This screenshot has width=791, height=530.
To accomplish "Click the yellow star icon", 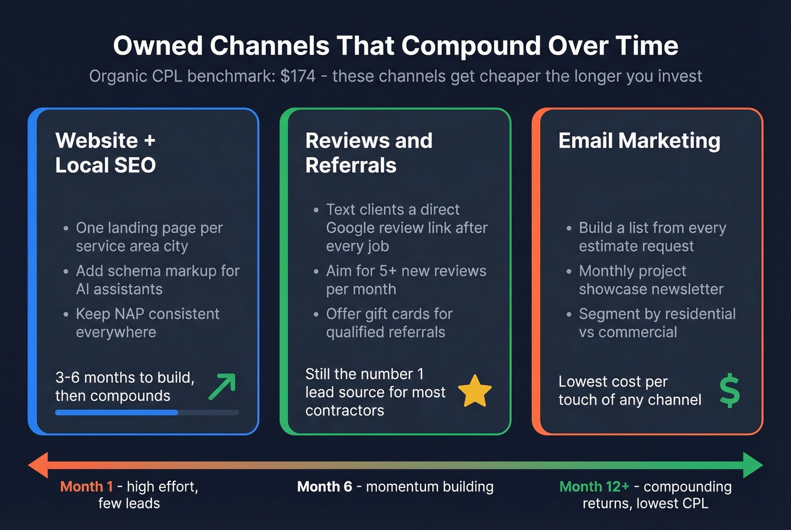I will coord(475,391).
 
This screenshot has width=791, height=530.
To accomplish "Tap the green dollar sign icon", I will coord(729,391).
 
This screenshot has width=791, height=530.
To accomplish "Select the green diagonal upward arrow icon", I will coord(222,387).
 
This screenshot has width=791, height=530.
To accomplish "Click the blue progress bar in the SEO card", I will coord(116,413).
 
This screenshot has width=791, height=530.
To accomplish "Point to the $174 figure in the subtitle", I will coord(298,76).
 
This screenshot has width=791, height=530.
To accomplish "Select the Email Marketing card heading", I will coord(639,141).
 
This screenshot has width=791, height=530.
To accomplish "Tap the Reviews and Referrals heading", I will coord(368,153).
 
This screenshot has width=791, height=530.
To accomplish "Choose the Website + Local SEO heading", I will coord(106,153).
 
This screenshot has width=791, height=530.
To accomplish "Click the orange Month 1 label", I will coord(86,487).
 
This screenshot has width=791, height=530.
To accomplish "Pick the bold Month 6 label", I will coord(324,487).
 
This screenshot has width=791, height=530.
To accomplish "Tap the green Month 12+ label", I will coord(594,487).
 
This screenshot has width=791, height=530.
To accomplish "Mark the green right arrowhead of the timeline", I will coord(753,465).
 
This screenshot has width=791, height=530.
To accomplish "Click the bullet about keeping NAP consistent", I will coord(147,323).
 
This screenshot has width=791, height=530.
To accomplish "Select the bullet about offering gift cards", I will coord(389,323).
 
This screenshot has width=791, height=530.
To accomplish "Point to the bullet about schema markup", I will coord(158,280).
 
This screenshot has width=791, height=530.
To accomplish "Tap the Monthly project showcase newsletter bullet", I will coord(651,280).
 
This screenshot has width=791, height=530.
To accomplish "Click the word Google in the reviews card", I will coord(350,228).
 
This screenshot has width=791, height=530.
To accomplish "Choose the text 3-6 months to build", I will coord(125,378).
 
